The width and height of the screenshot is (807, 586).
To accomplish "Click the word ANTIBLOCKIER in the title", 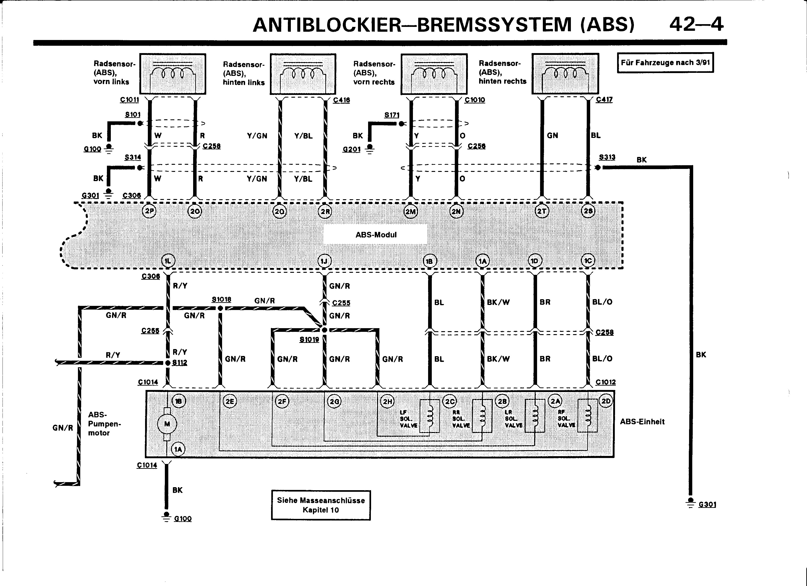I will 327,25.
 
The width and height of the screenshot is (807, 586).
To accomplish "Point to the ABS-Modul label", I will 376,235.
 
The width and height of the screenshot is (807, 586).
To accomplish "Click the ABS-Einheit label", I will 642,422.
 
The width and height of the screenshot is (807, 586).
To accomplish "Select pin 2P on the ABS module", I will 149,211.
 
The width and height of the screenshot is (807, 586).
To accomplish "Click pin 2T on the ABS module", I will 541,211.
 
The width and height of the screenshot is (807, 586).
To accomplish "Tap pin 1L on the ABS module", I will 168,261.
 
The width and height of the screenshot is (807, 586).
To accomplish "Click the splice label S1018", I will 221,299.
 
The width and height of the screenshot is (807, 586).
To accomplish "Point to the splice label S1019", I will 309,340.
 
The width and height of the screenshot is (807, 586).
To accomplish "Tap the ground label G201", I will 352,149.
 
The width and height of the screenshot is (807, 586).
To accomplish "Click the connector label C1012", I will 605,382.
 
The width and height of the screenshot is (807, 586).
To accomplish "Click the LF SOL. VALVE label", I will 408,419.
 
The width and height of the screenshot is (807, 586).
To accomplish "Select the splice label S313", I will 607,157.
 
